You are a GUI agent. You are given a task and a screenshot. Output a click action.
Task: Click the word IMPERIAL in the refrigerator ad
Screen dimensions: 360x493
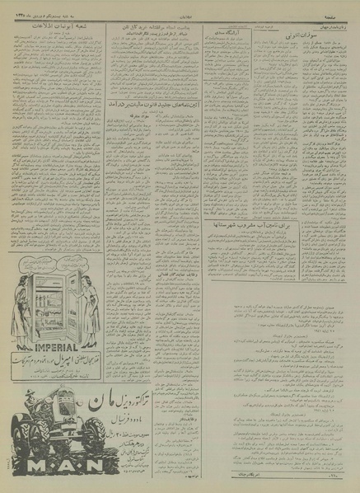click(52, 336)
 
